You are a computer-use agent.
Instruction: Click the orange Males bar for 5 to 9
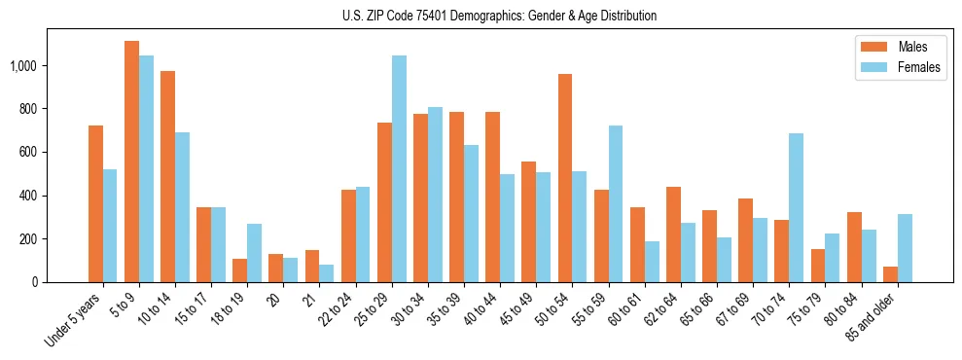click(x=132, y=162)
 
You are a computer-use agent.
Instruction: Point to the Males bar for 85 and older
click(x=890, y=274)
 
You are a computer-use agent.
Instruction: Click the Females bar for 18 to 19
click(x=255, y=253)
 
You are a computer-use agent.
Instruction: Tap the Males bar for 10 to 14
click(x=168, y=176)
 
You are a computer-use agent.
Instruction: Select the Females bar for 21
click(x=327, y=273)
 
